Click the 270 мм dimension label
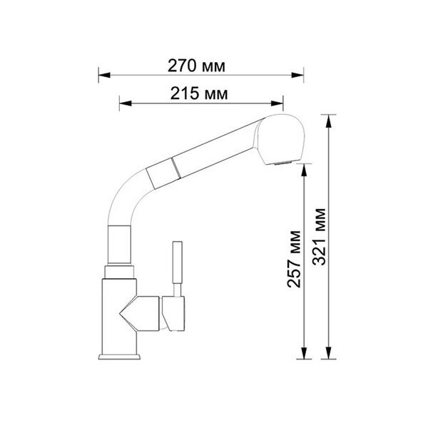tap(196, 66)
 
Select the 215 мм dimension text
tap(199, 93)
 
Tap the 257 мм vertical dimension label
tap(294, 259)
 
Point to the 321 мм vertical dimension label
tap(319, 237)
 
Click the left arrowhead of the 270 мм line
tap(104, 75)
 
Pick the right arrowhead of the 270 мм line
tap(297, 75)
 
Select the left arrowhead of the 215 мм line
tap(126, 103)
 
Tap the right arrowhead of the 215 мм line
tap(277, 103)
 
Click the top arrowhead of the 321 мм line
tap(329, 121)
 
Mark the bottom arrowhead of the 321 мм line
tap(329, 353)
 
